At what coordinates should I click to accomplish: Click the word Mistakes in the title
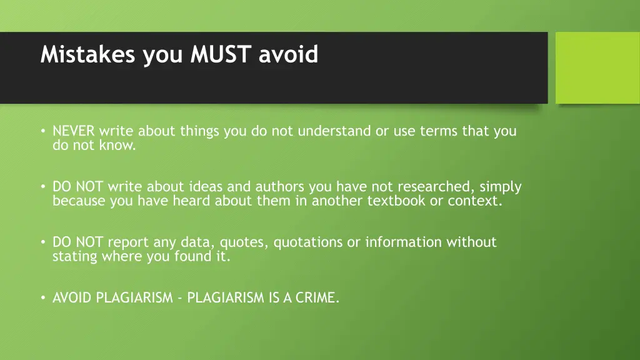[x=88, y=55]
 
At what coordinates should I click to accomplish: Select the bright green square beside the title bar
[x=597, y=67]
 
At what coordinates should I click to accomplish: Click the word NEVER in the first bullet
[x=74, y=131]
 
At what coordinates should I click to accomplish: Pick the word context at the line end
[x=474, y=201]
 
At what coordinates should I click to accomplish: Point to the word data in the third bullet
[x=192, y=242]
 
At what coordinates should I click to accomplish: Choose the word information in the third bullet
[x=403, y=242]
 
